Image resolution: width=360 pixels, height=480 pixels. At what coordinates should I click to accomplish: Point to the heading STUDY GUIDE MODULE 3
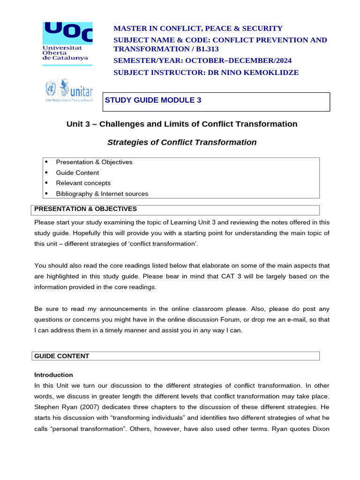[153, 100]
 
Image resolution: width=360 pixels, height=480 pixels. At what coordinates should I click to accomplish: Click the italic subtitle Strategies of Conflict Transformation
[182, 142]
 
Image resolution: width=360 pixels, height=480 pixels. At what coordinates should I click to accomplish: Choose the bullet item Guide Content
[77, 172]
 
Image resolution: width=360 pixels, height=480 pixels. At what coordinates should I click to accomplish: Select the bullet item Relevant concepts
[83, 183]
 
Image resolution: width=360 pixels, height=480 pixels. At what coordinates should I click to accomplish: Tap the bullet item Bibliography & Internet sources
[102, 194]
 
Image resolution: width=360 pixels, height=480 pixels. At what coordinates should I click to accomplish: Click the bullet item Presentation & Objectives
[94, 162]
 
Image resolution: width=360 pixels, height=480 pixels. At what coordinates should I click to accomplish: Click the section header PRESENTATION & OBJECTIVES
[85, 209]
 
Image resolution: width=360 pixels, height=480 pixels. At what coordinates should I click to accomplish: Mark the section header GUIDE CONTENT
[61, 356]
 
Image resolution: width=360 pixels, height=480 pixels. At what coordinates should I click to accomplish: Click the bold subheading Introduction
[53, 375]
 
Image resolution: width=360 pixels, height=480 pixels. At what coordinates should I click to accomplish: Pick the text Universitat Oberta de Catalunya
[62, 52]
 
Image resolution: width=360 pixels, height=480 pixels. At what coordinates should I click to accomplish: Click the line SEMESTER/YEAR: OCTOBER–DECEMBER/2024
[202, 60]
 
